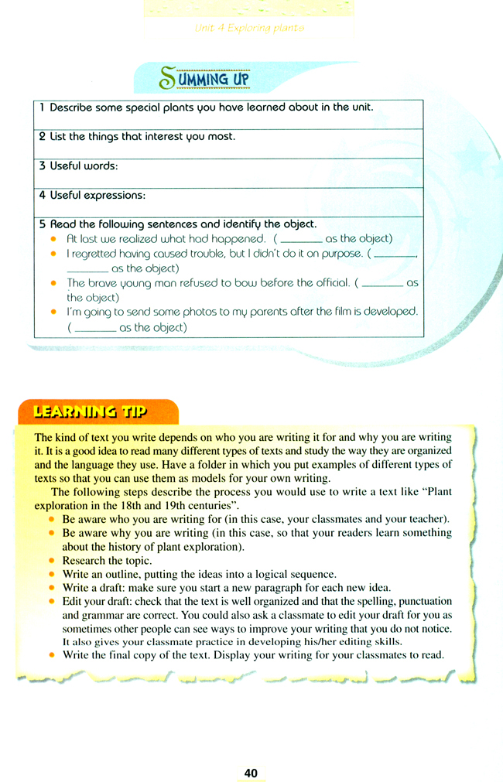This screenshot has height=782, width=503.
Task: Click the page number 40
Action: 250,773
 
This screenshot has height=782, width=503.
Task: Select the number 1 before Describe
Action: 42,108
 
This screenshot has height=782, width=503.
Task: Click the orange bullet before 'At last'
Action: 53,239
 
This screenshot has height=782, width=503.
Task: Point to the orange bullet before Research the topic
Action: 53,560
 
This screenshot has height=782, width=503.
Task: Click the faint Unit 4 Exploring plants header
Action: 249,29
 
